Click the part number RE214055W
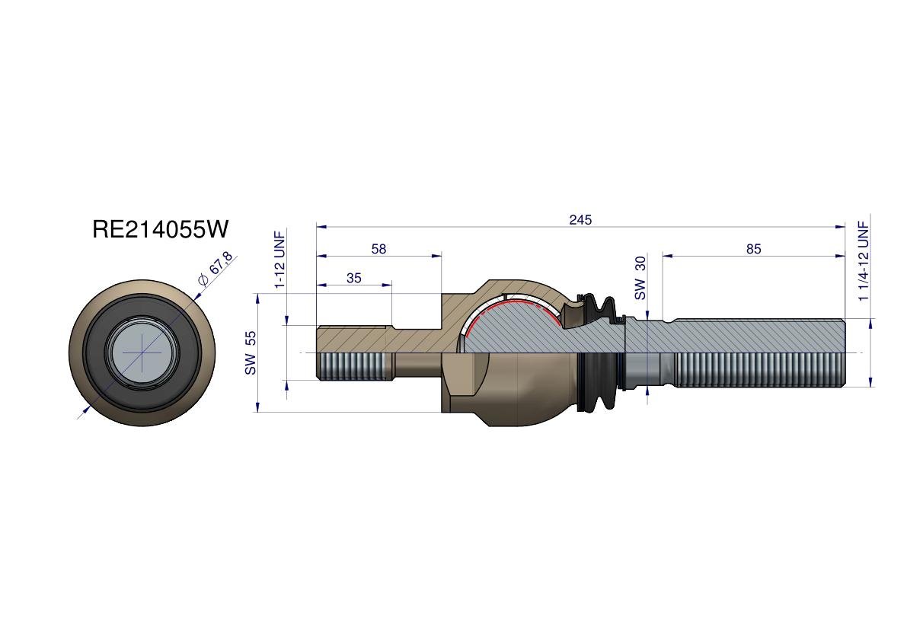coord(160,229)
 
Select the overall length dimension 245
coord(580,220)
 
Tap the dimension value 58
coord(378,248)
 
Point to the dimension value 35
coord(353,278)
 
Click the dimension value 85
coord(753,248)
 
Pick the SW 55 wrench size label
coord(250,352)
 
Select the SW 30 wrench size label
coord(640,278)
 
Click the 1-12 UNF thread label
coord(279,260)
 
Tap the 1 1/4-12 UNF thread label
coord(864,261)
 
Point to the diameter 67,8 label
coord(215,268)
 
